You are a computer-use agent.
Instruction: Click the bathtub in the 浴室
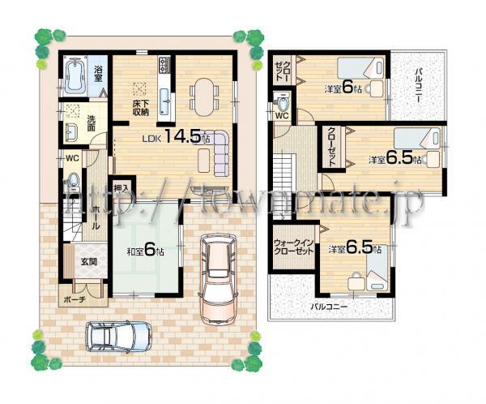[x=77, y=78]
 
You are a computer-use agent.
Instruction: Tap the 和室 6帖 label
[x=145, y=252]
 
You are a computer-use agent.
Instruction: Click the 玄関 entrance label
[x=87, y=261]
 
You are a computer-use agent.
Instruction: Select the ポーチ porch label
[x=74, y=298]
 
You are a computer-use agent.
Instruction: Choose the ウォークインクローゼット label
[x=293, y=247]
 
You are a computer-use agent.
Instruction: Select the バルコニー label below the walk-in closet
[x=330, y=307]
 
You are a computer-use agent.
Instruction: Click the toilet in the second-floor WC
[x=281, y=102]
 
